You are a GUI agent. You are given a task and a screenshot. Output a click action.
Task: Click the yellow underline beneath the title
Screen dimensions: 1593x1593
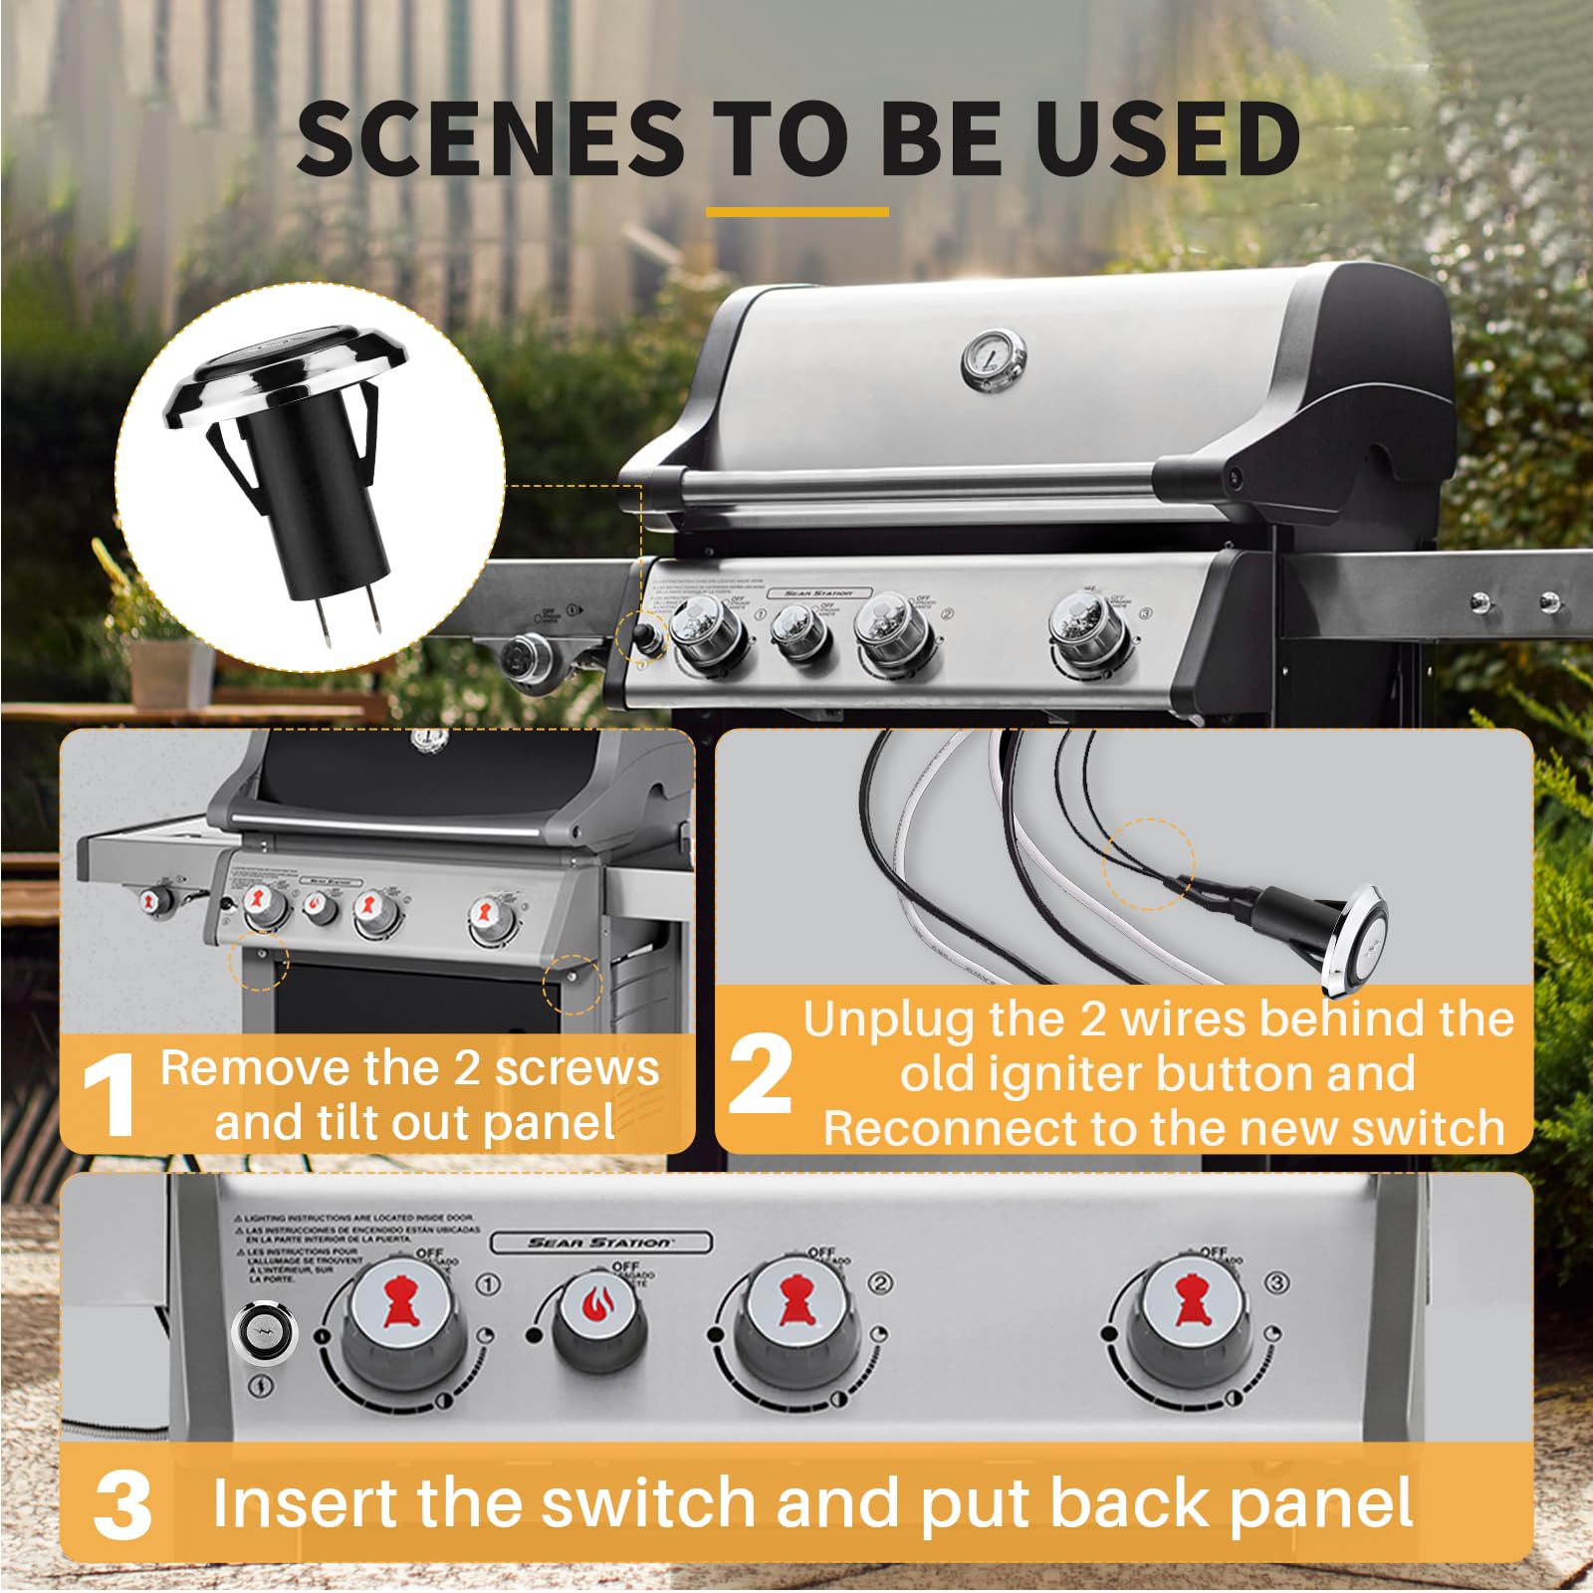point(796,212)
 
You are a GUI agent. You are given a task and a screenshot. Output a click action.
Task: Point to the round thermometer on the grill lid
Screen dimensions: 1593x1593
point(993,358)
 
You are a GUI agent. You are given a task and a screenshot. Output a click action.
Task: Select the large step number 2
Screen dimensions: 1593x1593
point(761,1075)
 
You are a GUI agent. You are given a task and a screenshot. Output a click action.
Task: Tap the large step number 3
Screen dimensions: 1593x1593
point(122,1505)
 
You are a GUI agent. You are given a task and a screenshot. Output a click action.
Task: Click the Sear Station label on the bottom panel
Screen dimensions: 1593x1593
point(600,1242)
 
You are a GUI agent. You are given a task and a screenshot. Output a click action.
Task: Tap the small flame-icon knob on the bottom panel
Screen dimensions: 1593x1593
point(599,1319)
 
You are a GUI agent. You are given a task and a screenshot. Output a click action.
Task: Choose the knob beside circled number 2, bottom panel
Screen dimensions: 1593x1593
point(796,1319)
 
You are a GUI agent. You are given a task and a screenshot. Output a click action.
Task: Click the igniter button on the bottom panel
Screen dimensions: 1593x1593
point(264,1332)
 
